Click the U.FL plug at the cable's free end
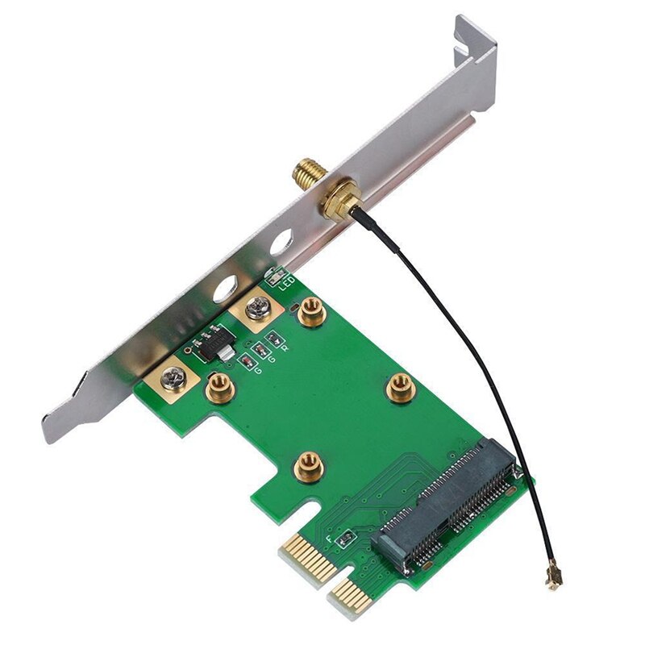click(x=555, y=578)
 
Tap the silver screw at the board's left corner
click(x=173, y=377)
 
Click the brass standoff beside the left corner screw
click(x=218, y=390)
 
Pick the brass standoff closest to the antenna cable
click(x=399, y=388)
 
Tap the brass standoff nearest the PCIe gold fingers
click(x=305, y=463)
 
